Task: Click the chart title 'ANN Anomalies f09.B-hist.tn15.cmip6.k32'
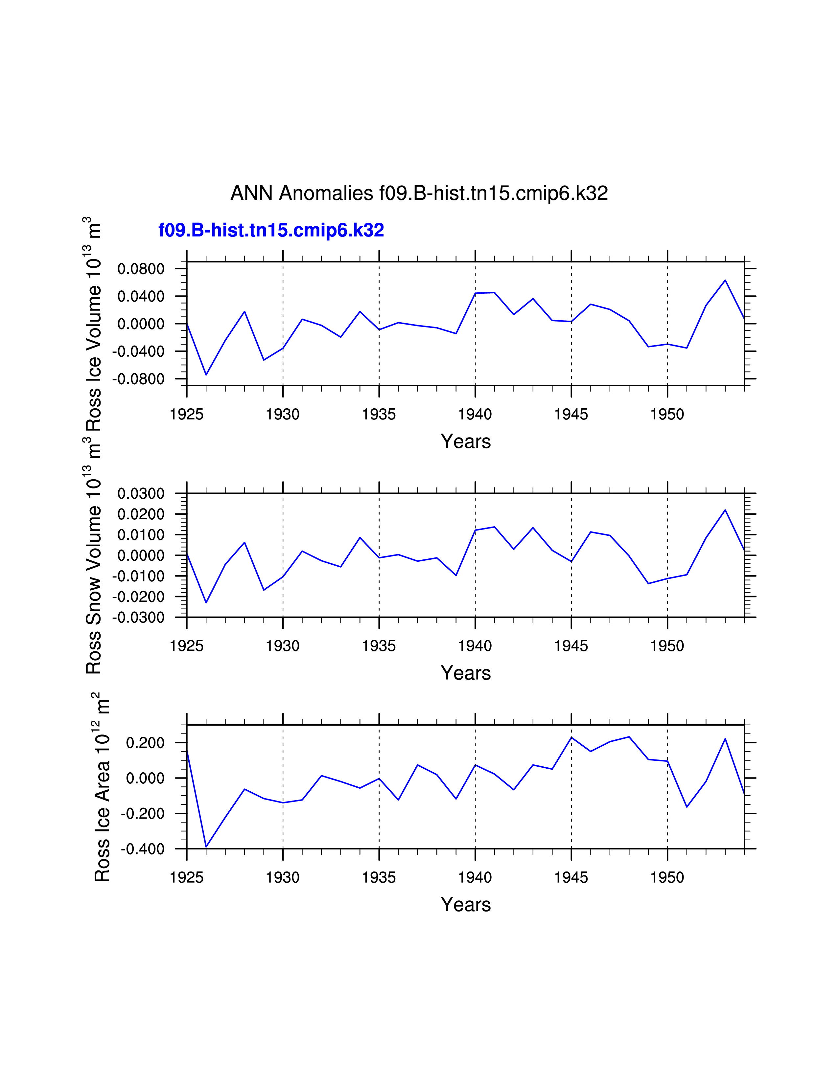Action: coord(419,193)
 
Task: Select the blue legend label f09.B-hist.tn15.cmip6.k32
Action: coord(271,230)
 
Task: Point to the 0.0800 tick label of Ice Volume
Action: coord(141,269)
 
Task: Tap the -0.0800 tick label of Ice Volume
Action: coord(138,379)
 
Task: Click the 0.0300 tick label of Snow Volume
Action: coord(141,494)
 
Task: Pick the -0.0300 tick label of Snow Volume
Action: coord(138,618)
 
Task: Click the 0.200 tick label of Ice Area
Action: coord(145,743)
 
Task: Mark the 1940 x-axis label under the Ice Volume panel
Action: coord(475,415)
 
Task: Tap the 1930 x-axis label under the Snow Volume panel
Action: coord(283,646)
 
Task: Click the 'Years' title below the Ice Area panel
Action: coord(466,905)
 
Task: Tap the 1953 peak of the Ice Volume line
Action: coord(725,281)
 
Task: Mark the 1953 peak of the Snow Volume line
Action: coord(725,510)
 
